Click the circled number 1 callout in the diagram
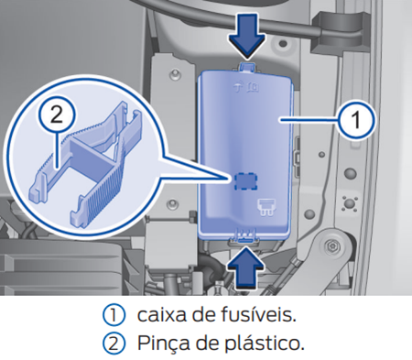359,119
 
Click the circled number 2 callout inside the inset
57,115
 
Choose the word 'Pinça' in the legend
162,344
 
